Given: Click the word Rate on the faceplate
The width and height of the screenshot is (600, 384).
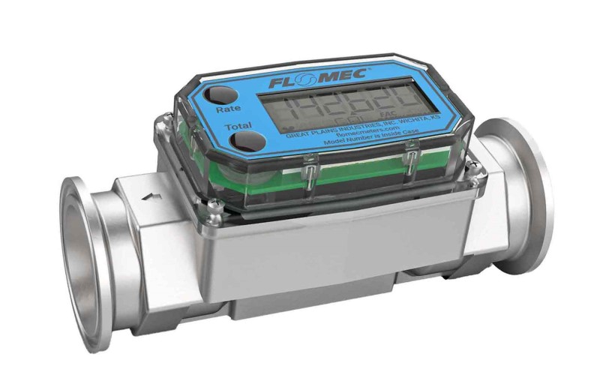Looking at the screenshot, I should point(228,109).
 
